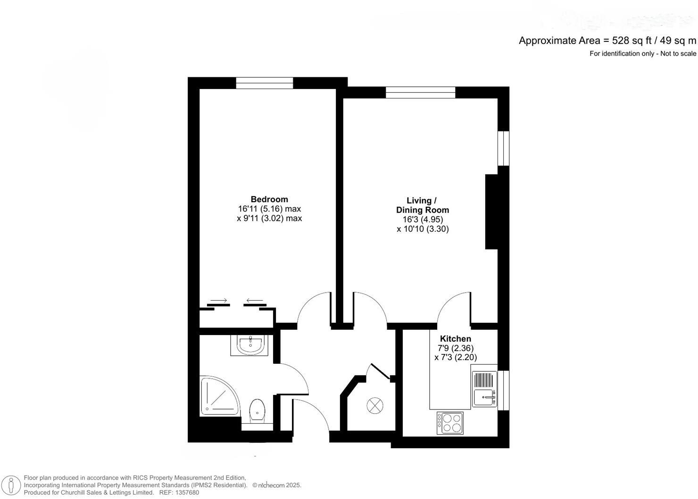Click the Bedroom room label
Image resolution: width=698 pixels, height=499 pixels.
tap(269, 199)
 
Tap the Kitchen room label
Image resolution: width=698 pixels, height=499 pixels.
tap(455, 339)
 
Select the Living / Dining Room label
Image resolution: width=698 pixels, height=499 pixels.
tap(422, 205)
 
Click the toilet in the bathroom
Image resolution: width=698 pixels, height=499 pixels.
tap(257, 411)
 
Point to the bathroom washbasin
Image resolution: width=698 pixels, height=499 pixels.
tap(250, 345)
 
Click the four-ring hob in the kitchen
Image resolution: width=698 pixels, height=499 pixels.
tap(450, 423)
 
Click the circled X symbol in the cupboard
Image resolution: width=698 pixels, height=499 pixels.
tap(375, 405)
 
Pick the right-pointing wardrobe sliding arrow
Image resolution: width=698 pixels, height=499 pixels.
tap(218, 301)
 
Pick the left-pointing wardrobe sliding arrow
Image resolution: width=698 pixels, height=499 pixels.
tap(255, 301)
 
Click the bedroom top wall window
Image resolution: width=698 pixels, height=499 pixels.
tap(264, 83)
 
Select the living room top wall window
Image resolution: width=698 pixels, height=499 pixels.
tap(420, 92)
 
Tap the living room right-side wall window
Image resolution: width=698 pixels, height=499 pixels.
tap(504, 148)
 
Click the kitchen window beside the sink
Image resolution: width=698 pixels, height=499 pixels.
tap(504, 390)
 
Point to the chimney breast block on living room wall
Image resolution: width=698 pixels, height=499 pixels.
tap(491, 211)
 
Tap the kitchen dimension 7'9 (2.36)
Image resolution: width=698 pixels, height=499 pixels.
tap(456, 348)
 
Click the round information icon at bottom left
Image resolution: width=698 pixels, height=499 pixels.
tap(11, 485)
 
